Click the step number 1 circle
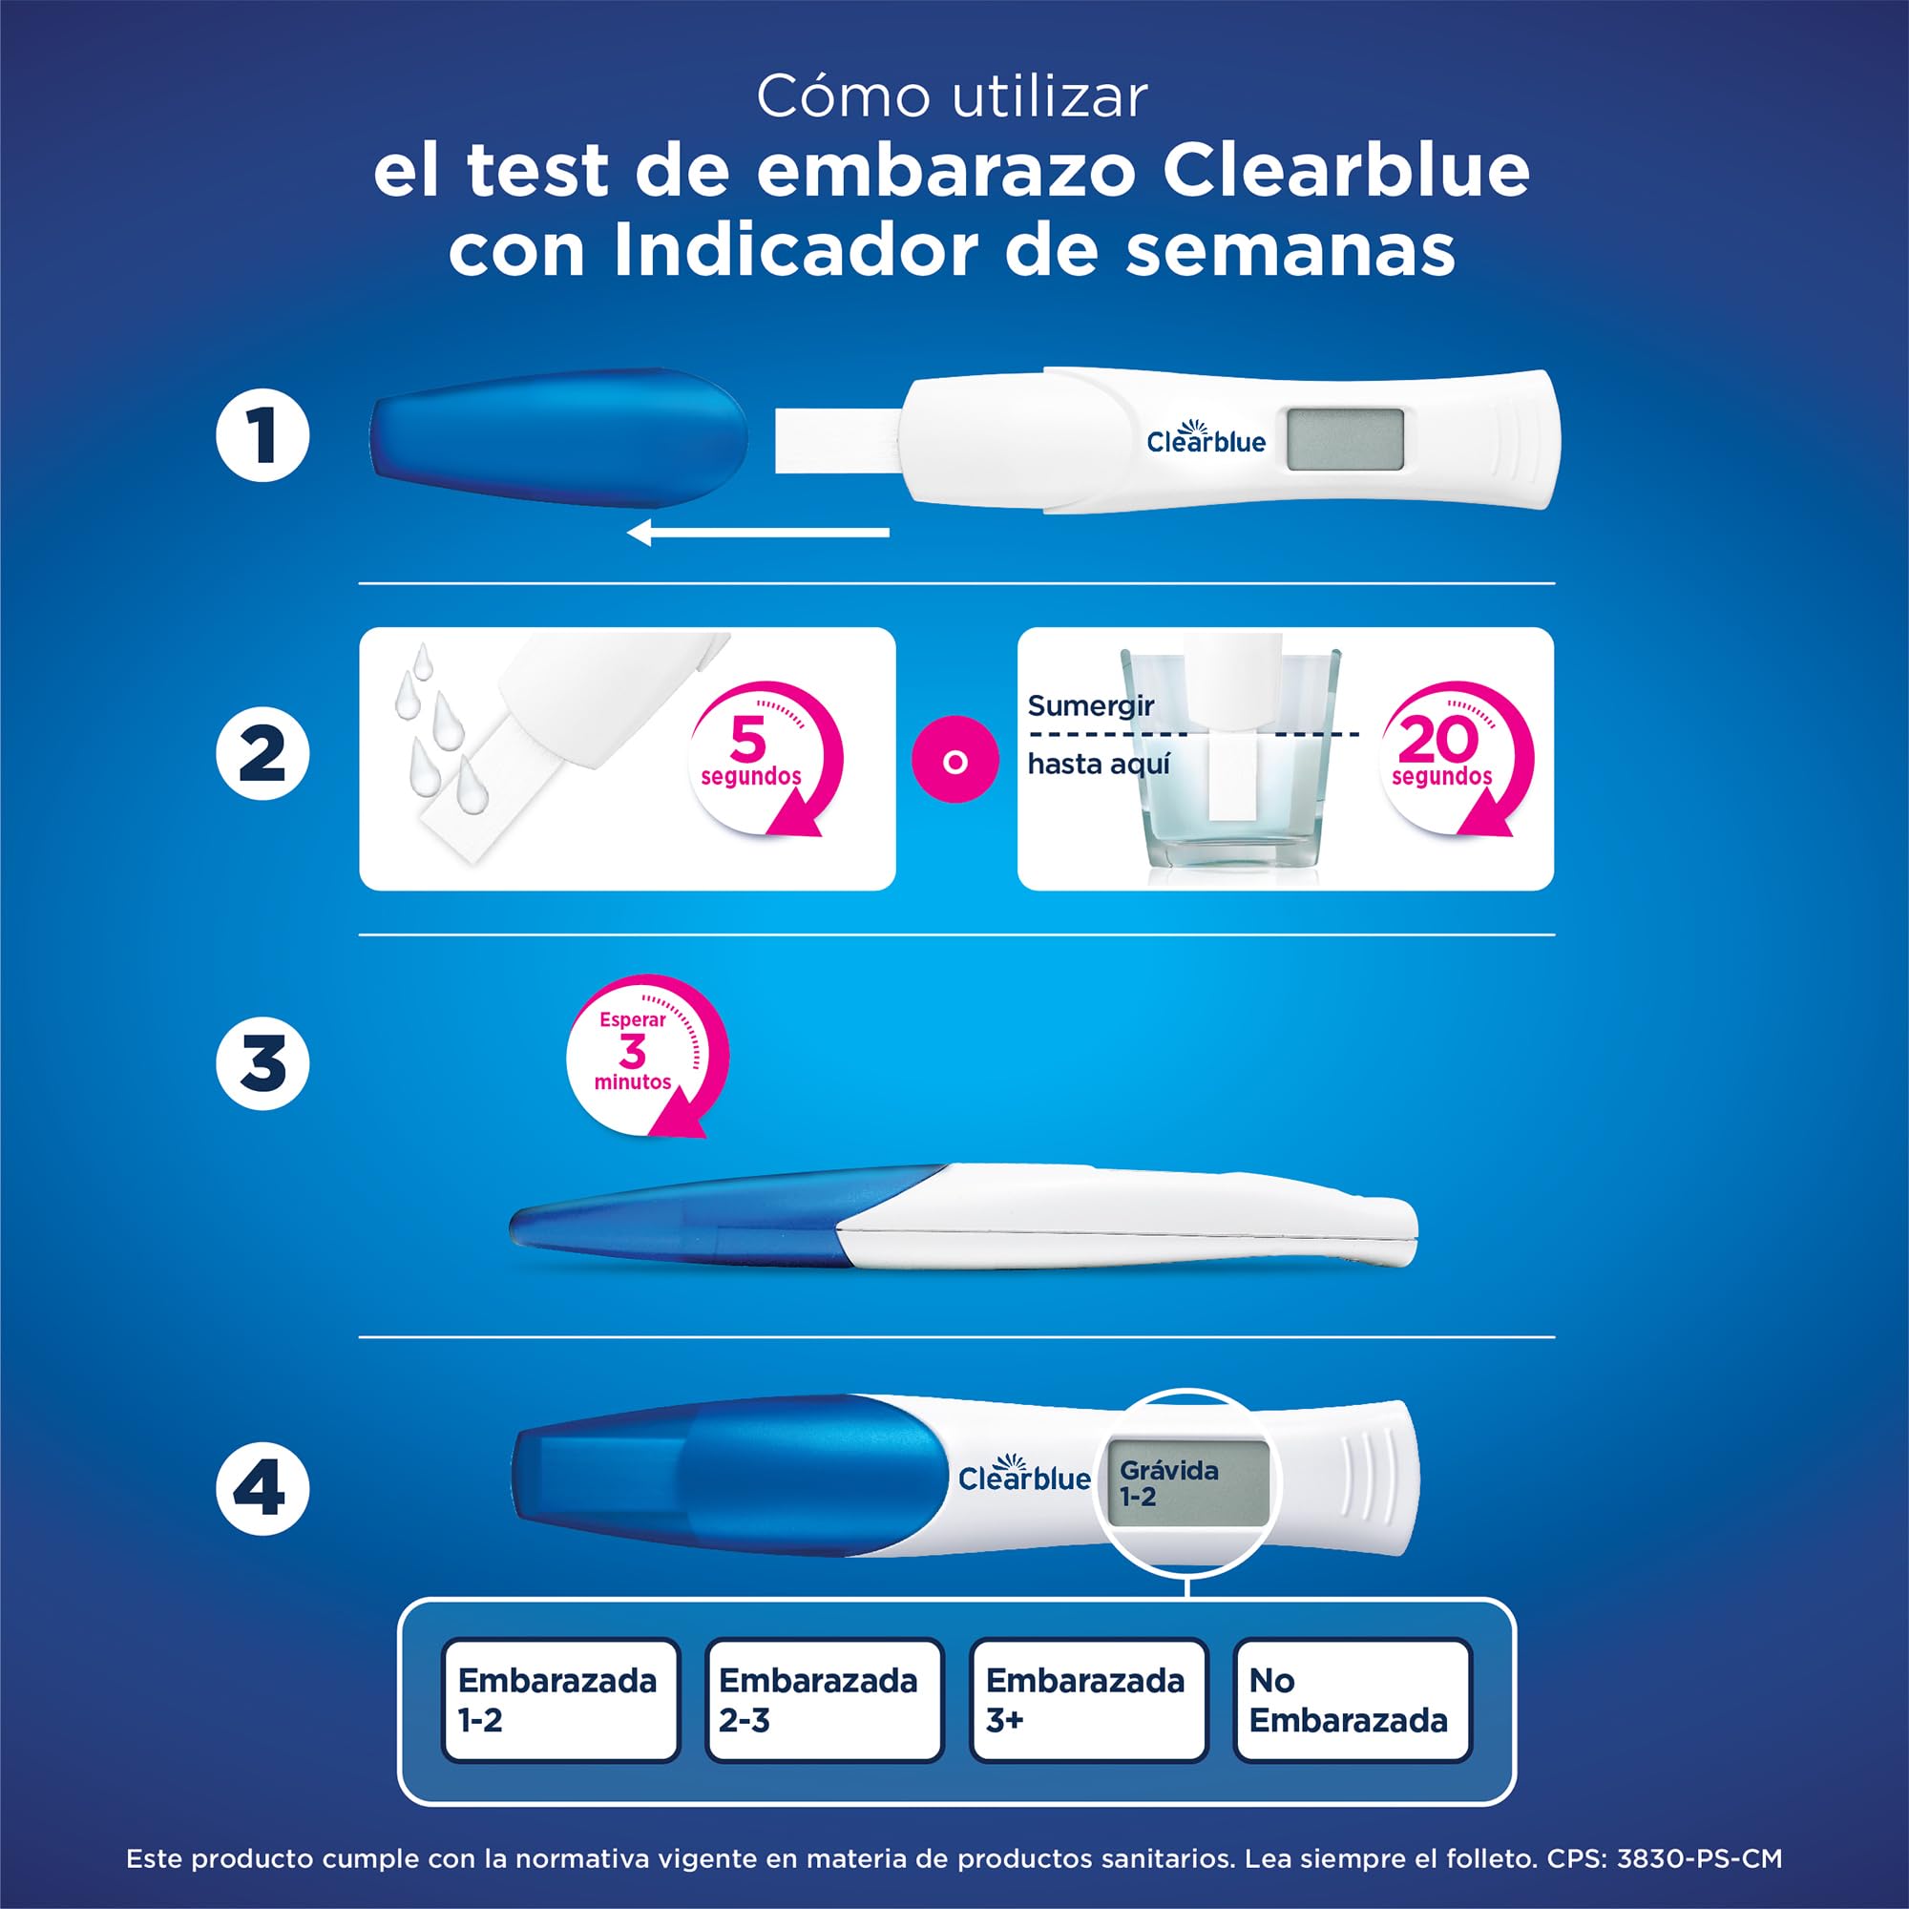[262, 436]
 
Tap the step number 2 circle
[262, 754]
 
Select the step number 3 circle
[262, 1063]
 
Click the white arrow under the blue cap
[758, 534]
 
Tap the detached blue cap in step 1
[558, 437]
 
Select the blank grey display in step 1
[1345, 440]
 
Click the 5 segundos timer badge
[762, 756]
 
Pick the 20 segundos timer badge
[1452, 756]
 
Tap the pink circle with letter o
[954, 762]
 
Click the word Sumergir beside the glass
[1090, 705]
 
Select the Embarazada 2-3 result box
[823, 1700]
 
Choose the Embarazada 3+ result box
[1088, 1700]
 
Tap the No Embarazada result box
[1352, 1700]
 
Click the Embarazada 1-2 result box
[559, 1700]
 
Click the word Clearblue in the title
[1345, 171]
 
